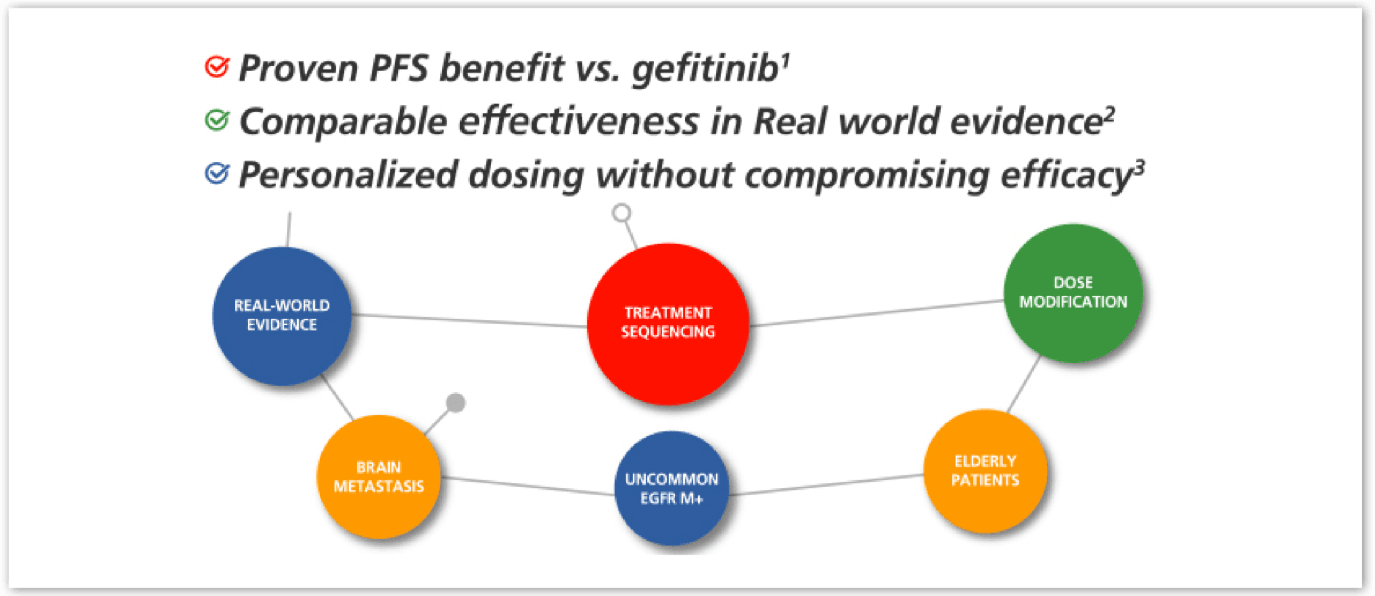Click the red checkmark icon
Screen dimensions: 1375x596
pyautogui.click(x=217, y=66)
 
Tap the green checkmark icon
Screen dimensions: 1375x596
pyautogui.click(x=217, y=120)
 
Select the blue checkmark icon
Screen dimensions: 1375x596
pyautogui.click(x=217, y=173)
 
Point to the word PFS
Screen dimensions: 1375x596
pyautogui.click(x=399, y=67)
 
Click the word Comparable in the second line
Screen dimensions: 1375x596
pyautogui.click(x=343, y=121)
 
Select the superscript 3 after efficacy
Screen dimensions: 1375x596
pyautogui.click(x=1140, y=168)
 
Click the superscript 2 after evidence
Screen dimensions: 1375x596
pyautogui.click(x=1109, y=115)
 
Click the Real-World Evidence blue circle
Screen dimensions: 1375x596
pyautogui.click(x=281, y=316)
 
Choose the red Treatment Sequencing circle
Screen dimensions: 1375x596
pyautogui.click(x=668, y=324)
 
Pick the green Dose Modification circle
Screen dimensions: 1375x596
pyautogui.click(x=1073, y=293)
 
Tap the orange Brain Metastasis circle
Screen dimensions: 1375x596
pyautogui.click(x=379, y=477)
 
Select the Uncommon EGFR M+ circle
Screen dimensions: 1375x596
pyautogui.click(x=671, y=488)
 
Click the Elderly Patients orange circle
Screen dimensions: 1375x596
pyautogui.click(x=985, y=471)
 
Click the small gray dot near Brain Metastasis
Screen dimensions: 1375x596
pyautogui.click(x=455, y=403)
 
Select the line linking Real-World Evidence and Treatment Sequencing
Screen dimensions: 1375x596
pyautogui.click(x=469, y=321)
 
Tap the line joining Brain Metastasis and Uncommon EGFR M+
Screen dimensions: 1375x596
pyautogui.click(x=527, y=486)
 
